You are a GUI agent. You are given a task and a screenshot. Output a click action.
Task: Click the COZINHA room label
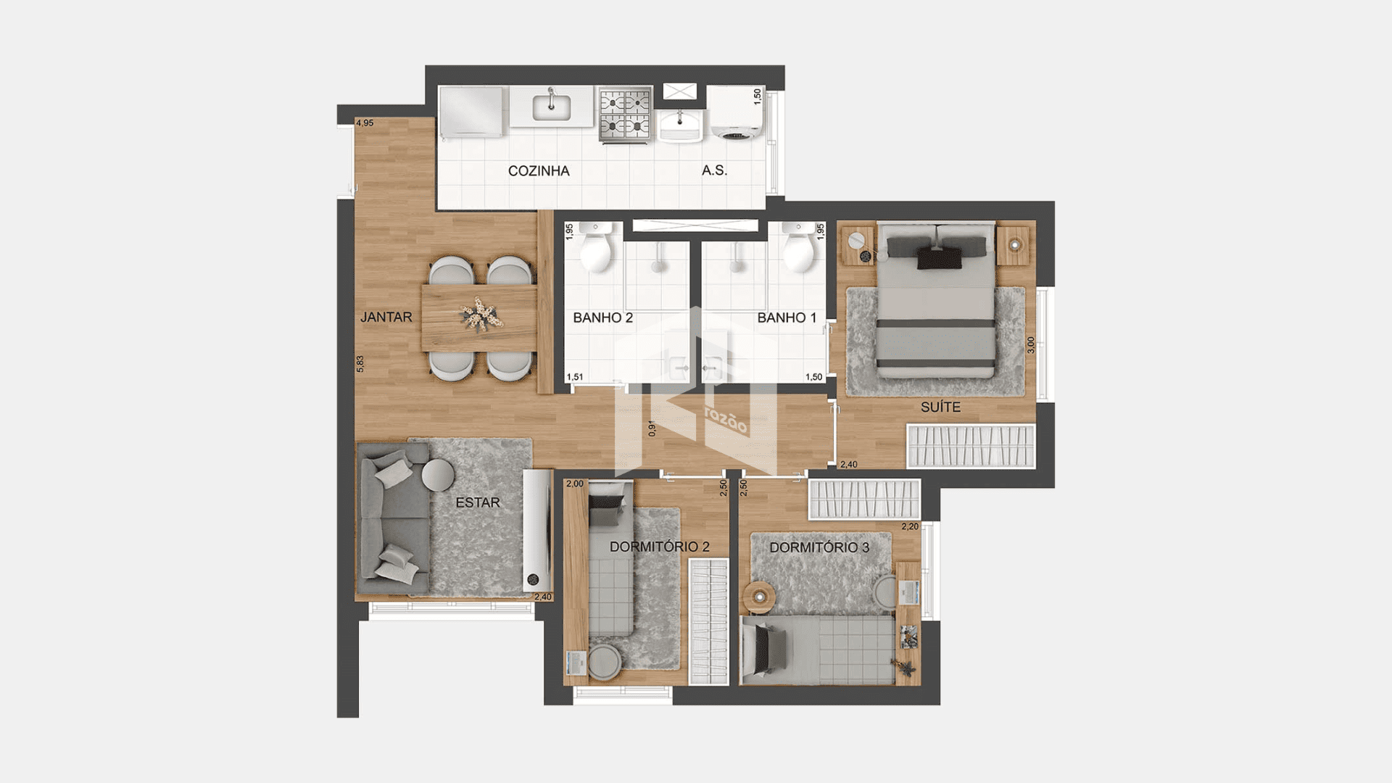tap(539, 171)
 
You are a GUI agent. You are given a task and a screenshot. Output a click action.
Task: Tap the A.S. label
tap(714, 170)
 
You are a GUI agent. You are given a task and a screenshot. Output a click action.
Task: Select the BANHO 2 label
tap(602, 318)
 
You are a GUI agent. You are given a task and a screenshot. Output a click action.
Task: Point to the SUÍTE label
tap(940, 407)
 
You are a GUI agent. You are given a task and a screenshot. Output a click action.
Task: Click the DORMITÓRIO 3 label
tap(819, 547)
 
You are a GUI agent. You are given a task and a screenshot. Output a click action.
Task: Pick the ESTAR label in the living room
tap(478, 502)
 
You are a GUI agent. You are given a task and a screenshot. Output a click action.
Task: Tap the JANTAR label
tap(386, 317)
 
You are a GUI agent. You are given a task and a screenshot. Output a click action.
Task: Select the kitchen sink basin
tap(552, 108)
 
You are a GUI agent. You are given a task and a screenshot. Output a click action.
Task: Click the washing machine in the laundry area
tap(734, 113)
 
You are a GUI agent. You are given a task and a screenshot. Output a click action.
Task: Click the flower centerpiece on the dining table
tap(479, 315)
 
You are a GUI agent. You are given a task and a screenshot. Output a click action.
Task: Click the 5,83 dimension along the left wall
tap(360, 364)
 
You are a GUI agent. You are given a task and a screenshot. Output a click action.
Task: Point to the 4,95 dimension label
tap(365, 123)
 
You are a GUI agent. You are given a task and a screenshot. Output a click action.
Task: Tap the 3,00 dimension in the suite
tap(1031, 346)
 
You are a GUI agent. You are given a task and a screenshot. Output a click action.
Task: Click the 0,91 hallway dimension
tap(652, 428)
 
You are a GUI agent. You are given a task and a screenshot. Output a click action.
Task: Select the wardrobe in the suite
tap(971, 446)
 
